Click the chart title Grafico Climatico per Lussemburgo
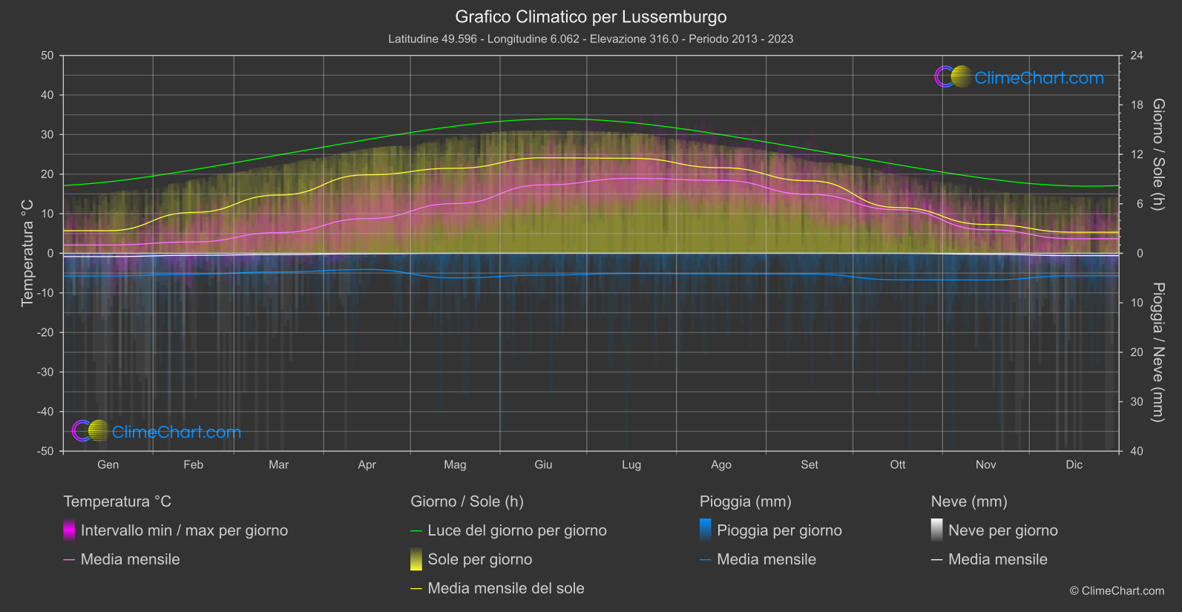coord(591,16)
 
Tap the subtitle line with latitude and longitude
coord(591,39)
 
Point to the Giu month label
coord(543,464)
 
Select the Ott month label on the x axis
coord(898,464)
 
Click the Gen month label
coord(108,464)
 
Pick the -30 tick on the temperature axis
coord(46,372)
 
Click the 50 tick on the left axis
coord(47,56)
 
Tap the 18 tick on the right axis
coord(1137,105)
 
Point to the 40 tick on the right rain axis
coord(1137,451)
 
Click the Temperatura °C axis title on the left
coord(27,253)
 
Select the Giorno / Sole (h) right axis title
coord(1158,154)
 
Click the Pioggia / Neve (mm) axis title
coord(1158,352)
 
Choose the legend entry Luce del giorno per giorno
coord(516,530)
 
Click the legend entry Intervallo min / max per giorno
coord(184,530)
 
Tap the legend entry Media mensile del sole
coord(505,588)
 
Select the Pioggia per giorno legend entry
coord(779,530)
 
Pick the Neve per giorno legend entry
coord(1002,530)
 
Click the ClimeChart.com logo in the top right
coord(1020,77)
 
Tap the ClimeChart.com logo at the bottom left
coord(157,432)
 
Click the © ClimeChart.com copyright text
coord(1117,590)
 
